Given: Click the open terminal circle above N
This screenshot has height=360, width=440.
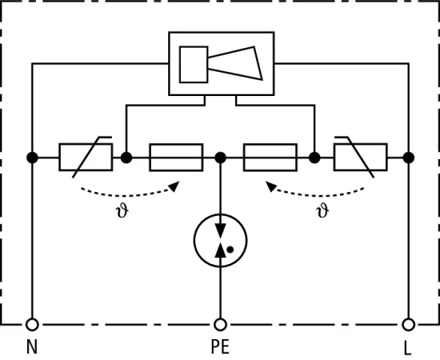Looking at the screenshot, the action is [x=32, y=325].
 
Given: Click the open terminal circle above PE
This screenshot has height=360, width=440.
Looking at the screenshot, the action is [x=220, y=325].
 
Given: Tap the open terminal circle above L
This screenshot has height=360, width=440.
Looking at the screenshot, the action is [x=408, y=325].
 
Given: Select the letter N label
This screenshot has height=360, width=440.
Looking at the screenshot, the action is [x=32, y=346].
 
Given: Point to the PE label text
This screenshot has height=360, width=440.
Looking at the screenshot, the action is [x=220, y=346].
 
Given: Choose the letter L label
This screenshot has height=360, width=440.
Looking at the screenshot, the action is [x=408, y=349].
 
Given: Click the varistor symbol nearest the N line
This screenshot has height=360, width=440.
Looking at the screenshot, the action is [x=86, y=157].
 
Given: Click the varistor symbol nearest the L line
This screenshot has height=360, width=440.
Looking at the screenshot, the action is [x=360, y=157].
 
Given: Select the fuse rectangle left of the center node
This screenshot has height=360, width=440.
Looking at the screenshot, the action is [x=176, y=157].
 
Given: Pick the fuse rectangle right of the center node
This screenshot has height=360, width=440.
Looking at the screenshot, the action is [x=270, y=157].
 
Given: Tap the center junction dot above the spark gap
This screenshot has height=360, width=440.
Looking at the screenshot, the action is [x=220, y=157].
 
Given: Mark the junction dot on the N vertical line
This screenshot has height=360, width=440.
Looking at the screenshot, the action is [x=32, y=157].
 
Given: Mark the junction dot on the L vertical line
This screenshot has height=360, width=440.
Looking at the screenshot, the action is [x=408, y=157].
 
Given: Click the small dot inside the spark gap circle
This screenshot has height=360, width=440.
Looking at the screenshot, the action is [x=230, y=249].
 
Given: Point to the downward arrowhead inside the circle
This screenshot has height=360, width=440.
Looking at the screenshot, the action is [x=220, y=231].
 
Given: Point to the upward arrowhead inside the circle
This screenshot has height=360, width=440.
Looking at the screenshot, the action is [x=220, y=250].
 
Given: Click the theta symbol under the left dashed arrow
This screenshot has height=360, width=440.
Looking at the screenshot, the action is [x=122, y=211].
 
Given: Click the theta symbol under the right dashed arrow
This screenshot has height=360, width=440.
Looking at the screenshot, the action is [x=323, y=211].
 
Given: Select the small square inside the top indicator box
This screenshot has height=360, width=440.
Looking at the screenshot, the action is [x=194, y=64].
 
